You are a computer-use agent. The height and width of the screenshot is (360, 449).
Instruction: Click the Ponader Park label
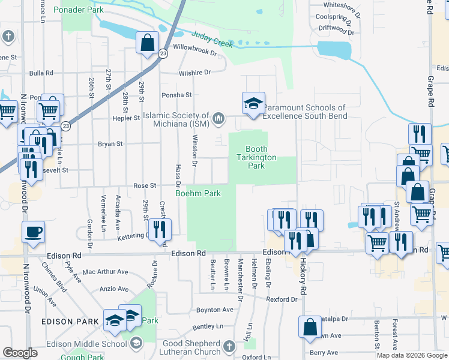(x=78, y=10)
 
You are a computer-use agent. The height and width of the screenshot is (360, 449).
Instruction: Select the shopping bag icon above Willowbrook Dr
(x=147, y=44)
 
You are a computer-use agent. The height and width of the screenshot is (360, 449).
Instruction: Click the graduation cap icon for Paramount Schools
(x=253, y=103)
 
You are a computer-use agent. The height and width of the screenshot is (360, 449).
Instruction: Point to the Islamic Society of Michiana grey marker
(x=218, y=117)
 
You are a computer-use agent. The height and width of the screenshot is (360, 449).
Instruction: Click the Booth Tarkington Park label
(x=256, y=157)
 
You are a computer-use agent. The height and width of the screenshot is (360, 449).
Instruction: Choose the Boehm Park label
(x=197, y=193)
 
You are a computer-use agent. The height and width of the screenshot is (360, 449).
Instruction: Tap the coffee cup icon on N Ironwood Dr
(x=33, y=232)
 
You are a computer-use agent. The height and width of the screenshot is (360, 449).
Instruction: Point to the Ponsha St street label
(x=176, y=95)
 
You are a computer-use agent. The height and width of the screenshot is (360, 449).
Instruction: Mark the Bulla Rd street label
(x=41, y=73)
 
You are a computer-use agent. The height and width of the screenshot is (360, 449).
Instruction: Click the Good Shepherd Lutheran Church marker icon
(x=229, y=347)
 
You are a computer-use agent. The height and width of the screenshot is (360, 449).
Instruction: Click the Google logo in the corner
(x=20, y=353)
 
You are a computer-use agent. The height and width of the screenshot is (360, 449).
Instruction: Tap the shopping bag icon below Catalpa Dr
(x=310, y=327)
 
